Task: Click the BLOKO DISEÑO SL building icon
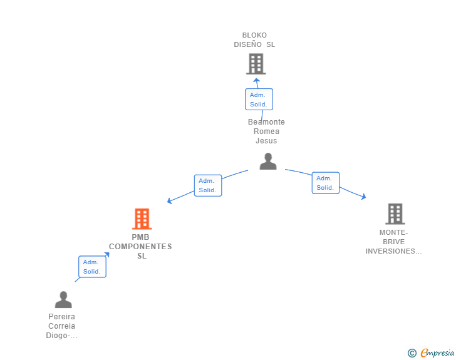click(256, 64)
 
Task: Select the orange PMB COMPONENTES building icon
click(142, 219)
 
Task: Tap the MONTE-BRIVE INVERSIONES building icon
click(395, 214)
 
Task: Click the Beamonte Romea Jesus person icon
click(268, 162)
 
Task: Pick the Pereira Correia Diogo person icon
click(63, 300)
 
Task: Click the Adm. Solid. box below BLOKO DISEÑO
click(259, 100)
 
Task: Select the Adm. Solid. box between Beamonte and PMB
click(208, 185)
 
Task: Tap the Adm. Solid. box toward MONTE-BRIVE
click(325, 183)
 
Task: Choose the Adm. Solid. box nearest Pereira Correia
click(92, 267)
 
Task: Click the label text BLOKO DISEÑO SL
click(254, 40)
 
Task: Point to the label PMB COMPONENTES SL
click(141, 247)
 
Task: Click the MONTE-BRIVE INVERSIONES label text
click(393, 242)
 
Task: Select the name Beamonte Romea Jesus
click(266, 131)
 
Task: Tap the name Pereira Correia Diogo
click(61, 326)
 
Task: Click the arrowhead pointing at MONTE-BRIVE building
click(363, 197)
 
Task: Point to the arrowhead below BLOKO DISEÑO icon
click(256, 80)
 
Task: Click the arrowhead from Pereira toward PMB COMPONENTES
click(107, 255)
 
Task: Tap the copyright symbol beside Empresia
click(412, 354)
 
